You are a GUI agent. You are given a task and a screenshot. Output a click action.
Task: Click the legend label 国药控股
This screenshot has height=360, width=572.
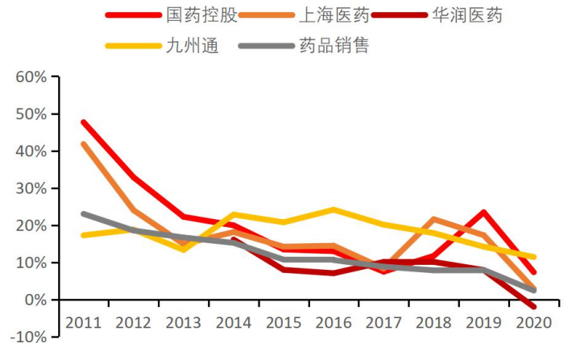coord(195,15)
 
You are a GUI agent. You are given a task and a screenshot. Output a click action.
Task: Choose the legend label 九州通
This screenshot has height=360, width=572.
coord(189,45)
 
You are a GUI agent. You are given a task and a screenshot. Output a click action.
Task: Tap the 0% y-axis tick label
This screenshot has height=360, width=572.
coord(36,300)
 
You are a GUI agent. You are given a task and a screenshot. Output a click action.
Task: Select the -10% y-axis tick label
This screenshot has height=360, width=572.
coord(29,337)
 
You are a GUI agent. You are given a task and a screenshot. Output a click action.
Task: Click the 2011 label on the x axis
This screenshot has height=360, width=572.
coord(83,323)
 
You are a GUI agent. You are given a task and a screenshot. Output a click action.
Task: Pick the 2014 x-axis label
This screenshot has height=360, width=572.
coord(234,323)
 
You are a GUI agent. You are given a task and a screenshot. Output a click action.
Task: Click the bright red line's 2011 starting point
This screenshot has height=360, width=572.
coord(83,122)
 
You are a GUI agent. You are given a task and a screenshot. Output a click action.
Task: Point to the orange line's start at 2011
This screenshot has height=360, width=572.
coord(83,144)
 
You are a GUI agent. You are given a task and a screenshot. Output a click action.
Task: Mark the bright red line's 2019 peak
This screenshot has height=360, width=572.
coord(484,213)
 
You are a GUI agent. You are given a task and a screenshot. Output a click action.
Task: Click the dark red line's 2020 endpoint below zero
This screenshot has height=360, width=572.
coord(534,307)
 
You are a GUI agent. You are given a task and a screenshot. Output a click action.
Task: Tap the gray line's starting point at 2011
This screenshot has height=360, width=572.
coord(83,213)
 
